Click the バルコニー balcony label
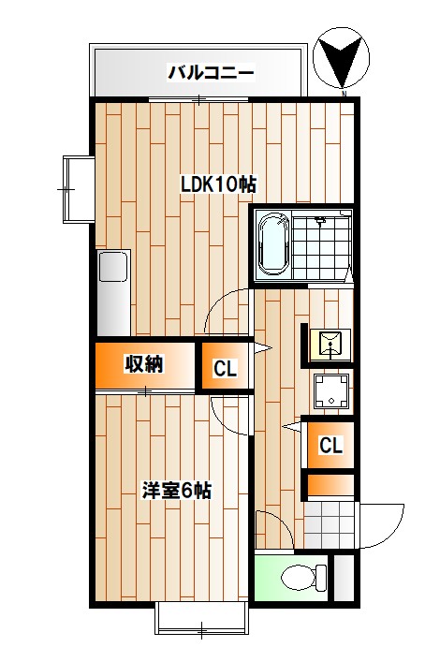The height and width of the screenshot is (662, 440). tap(211, 72)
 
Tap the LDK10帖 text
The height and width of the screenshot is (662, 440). tap(217, 184)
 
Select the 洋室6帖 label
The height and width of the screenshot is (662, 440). tap(176, 490)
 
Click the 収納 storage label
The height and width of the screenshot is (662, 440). tap(144, 364)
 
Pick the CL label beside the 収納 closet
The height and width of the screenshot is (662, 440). tap(225, 369)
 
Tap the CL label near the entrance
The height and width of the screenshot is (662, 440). tap(330, 446)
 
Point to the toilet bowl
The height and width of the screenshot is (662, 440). tap(297, 577)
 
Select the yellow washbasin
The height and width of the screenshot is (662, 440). tap(330, 345)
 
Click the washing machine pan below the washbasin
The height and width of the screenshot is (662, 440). tap(330, 391)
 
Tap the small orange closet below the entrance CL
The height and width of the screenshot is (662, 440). tap(330, 485)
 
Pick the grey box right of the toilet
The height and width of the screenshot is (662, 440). tap(344, 579)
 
